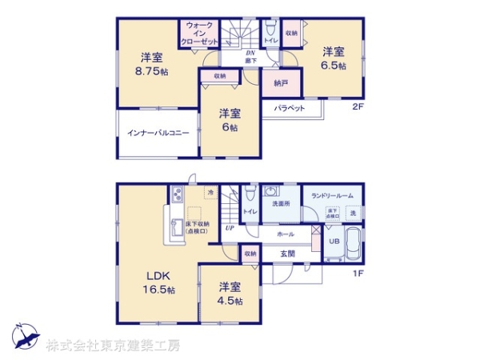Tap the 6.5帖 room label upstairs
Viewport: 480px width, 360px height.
(x=334, y=58)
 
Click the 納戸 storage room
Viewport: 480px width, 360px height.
(x=279, y=82)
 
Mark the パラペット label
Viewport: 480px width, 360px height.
(x=288, y=107)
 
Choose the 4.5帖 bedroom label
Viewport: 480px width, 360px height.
(x=229, y=292)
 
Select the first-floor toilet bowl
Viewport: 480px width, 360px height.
(x=250, y=194)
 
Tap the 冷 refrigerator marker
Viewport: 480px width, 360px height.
(x=210, y=192)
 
